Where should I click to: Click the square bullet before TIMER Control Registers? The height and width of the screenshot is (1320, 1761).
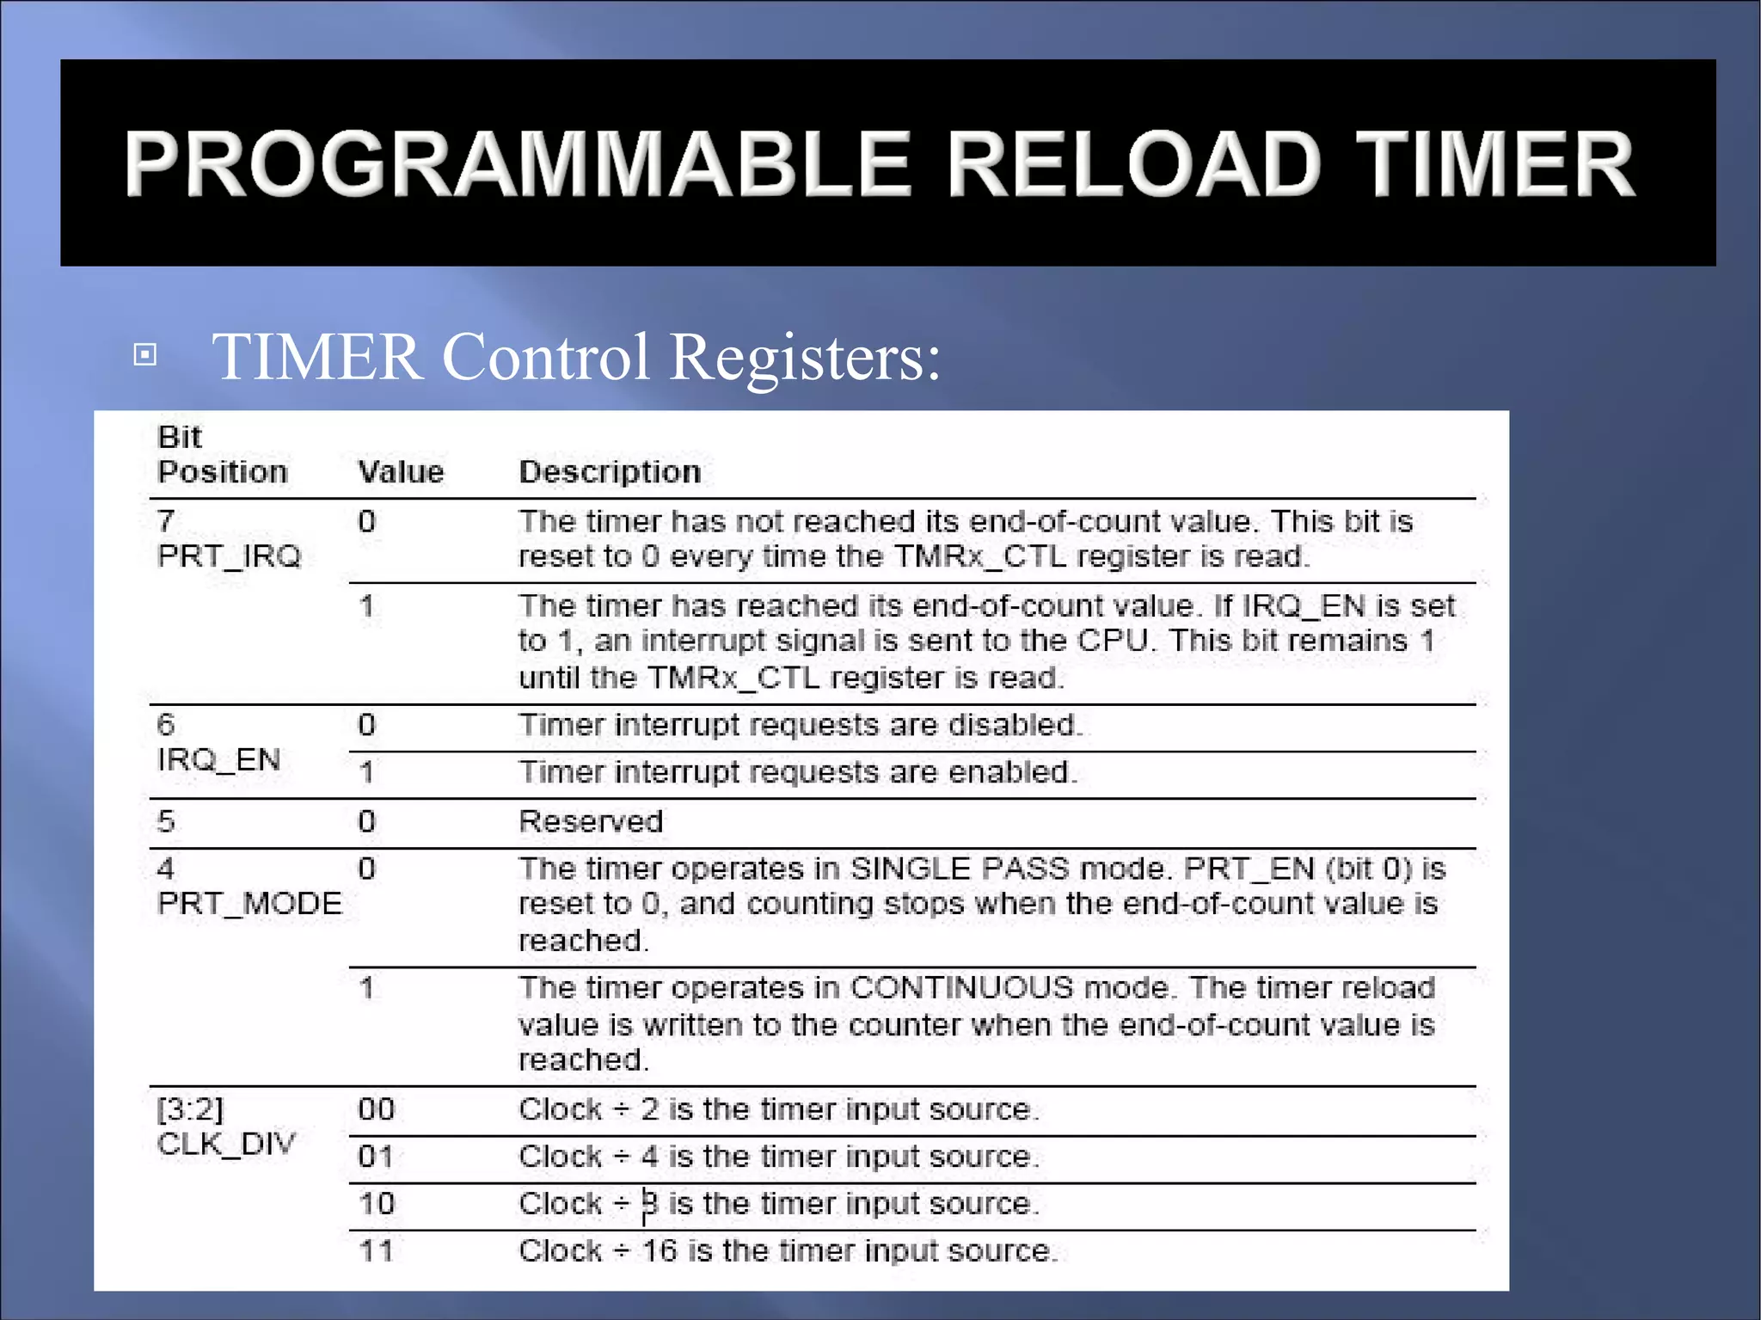pos(145,354)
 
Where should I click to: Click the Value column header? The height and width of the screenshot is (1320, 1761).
pos(401,472)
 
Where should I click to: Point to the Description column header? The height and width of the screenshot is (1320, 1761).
pos(610,472)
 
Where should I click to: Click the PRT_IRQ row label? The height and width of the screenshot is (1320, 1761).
pos(230,556)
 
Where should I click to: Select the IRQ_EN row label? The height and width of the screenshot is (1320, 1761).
pos(219,759)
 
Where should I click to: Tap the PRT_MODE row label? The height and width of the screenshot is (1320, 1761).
pos(249,903)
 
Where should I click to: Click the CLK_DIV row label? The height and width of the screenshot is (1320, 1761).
pos(226,1144)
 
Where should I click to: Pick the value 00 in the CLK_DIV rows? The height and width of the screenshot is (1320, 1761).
pos(377,1109)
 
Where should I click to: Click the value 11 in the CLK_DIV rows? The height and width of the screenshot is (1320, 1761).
pos(377,1250)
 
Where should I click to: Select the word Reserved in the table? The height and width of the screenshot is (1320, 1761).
pos(591,821)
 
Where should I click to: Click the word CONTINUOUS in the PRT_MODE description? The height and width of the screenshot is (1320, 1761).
pos(962,987)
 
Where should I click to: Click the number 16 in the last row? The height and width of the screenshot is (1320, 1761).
pos(660,1250)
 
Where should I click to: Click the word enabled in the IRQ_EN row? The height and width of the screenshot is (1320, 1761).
pos(1012,772)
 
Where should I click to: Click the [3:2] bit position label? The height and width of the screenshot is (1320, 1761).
pos(190,1109)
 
